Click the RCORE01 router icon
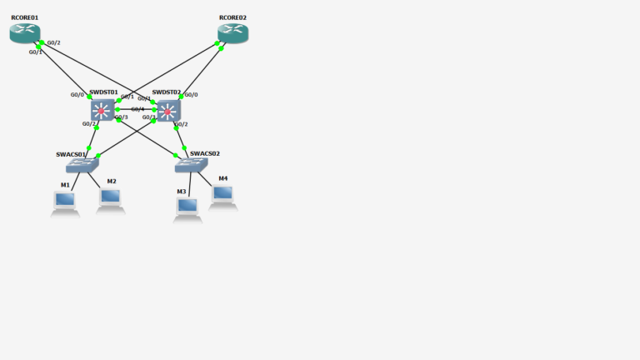coord(25,32)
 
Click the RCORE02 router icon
coord(232,32)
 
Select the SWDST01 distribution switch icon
coord(102,110)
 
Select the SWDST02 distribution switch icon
coord(168,111)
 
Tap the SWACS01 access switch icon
coord(82,165)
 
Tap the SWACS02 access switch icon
coord(191,165)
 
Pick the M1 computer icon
coord(64,201)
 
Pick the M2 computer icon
coord(110,198)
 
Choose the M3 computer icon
coord(187,207)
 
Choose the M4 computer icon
coord(222,195)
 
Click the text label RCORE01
coord(24,17)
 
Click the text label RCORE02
coord(232,17)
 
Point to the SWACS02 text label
coord(204,153)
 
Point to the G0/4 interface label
coord(137,109)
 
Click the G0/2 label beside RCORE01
coord(54,42)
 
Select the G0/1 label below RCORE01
coord(36,52)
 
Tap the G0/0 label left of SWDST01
coord(77,95)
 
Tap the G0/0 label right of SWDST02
coord(191,95)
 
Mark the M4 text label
coord(222,178)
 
